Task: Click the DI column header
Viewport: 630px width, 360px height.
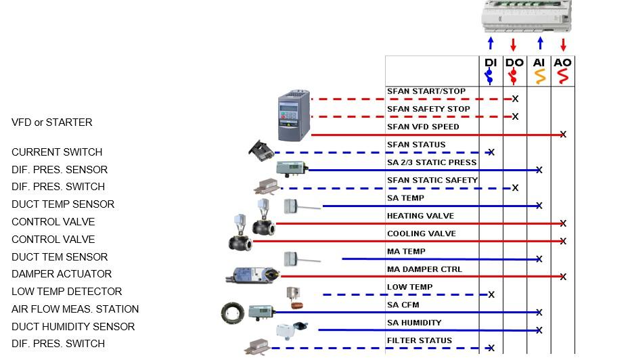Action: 491,63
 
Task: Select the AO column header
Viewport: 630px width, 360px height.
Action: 562,63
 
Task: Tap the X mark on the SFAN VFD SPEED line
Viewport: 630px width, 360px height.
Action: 563,134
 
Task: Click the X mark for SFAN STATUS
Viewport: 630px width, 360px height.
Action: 491,152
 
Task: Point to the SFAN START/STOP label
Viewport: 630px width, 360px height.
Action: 426,91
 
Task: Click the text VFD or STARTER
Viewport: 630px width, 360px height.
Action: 52,122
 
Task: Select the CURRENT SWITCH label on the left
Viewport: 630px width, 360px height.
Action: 57,152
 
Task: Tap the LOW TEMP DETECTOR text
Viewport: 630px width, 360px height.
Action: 67,291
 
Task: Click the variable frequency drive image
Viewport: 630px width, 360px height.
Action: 294,115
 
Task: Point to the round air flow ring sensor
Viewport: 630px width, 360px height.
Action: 233,313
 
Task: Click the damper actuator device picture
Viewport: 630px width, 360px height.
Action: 252,275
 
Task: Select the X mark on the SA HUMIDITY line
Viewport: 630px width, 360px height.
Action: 539,330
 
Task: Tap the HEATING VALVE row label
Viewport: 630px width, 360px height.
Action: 421,216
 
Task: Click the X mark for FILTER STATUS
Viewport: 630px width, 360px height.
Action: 491,348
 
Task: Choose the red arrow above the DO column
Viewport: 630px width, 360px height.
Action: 513,44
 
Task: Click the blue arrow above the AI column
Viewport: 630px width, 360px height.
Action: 541,43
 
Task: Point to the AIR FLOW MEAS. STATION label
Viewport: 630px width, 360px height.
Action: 75,309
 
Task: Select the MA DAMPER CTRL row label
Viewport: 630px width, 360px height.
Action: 425,269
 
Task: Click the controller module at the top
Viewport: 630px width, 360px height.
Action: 526,16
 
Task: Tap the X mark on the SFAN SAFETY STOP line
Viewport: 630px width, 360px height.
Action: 515,116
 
